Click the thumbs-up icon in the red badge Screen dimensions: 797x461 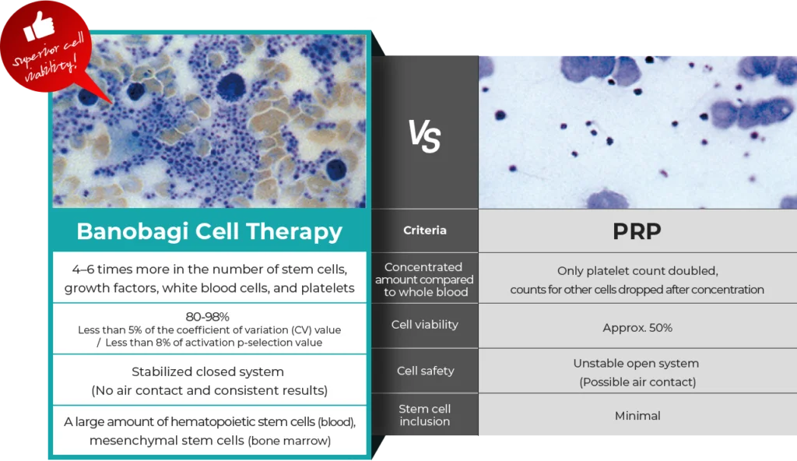coord(38,26)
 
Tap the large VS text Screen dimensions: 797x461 coord(424,135)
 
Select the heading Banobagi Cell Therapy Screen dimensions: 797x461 coord(209,231)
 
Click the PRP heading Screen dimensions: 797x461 coord(637,231)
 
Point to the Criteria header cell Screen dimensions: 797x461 coord(424,230)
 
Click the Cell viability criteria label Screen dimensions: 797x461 coord(424,325)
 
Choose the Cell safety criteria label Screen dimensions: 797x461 coord(426,371)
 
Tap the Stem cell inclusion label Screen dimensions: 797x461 coord(424,415)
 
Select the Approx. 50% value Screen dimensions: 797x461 coord(637,328)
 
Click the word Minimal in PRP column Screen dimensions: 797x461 coord(637,416)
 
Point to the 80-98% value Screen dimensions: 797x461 coord(207,316)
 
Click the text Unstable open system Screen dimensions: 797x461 coord(636,364)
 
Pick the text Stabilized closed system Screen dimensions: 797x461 coord(207,372)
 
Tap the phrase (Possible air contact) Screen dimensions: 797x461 coord(637,382)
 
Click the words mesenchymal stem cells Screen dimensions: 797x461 coord(168,441)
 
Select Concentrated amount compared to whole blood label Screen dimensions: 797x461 coord(424,280)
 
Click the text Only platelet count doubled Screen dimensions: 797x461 coord(637,271)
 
